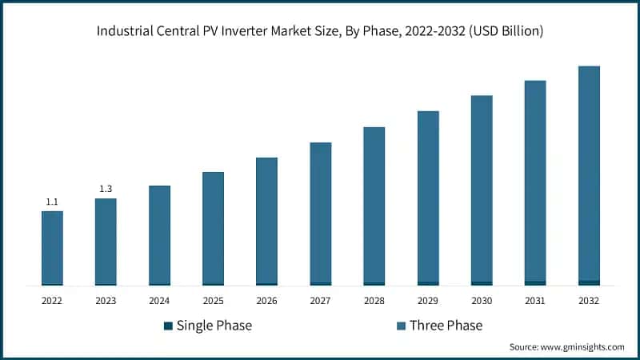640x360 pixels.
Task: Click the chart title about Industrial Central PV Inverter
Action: point(320,32)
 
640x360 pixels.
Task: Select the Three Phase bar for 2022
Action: point(52,247)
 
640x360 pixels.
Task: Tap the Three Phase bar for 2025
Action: point(213,227)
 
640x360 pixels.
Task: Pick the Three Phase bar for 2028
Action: point(374,204)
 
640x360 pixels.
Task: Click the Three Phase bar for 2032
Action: point(589,173)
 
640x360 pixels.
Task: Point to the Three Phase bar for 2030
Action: point(482,188)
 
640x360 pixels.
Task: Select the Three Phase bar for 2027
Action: point(320,212)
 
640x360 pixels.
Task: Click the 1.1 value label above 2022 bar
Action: point(52,202)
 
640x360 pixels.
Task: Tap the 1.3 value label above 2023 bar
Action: point(106,189)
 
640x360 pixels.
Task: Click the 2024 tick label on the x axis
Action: point(159,301)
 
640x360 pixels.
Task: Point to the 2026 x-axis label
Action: point(266,301)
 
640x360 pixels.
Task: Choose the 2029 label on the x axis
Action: point(428,301)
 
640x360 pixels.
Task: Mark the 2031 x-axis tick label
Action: point(535,301)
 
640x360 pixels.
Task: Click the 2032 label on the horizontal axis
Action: point(589,301)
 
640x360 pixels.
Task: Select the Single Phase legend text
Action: point(214,326)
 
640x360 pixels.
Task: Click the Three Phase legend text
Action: point(446,326)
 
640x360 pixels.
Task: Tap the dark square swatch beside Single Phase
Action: point(167,326)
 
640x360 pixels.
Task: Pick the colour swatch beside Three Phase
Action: point(400,326)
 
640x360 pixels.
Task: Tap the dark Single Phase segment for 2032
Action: point(589,282)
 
